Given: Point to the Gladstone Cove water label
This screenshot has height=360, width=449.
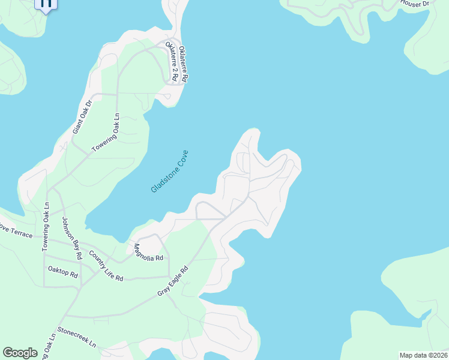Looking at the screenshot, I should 169,171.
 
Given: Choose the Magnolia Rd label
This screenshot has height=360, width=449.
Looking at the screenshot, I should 148,252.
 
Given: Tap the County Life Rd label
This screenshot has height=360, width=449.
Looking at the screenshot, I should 106,266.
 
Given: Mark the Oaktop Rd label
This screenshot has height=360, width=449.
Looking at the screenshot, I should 63,274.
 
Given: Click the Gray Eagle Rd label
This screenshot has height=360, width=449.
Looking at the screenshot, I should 173,280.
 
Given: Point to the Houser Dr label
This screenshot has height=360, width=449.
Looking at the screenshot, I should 415,4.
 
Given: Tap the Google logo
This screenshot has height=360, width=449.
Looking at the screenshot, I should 20,352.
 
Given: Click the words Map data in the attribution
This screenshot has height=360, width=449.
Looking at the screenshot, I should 414,355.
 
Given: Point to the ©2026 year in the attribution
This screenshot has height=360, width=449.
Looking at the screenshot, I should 437,355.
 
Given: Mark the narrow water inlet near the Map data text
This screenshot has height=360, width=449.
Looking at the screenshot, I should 425,315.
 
